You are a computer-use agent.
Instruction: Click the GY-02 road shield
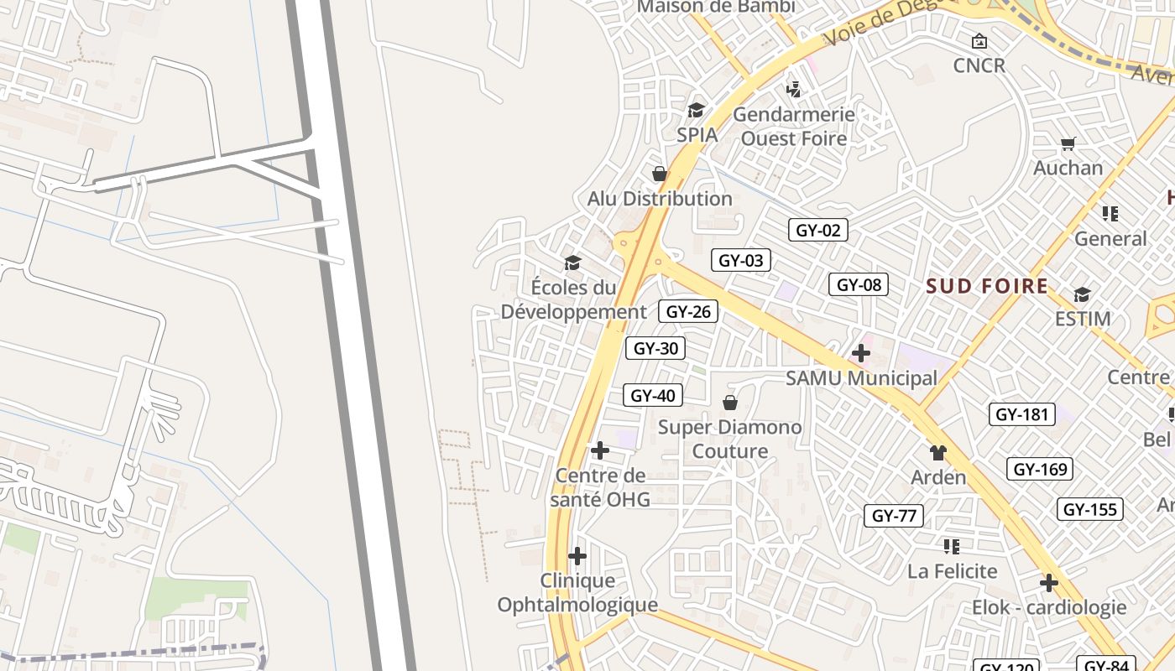817,230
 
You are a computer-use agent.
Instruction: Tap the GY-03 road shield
741,260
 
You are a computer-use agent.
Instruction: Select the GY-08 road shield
859,284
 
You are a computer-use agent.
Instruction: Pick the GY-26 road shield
688,312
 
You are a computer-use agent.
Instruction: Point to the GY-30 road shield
655,348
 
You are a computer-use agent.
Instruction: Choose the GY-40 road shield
652,395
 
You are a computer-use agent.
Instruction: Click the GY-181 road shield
1021,414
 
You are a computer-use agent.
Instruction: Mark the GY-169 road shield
1041,469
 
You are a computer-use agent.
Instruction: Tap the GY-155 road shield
1089,509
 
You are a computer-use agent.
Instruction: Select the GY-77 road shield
894,516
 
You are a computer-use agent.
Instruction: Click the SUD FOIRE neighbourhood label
987,287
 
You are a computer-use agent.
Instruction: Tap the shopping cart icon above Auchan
1068,144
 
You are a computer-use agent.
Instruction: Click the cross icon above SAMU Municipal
861,353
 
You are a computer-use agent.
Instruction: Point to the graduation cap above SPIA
696,110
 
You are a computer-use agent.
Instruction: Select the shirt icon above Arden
938,453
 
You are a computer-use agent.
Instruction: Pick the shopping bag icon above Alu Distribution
660,174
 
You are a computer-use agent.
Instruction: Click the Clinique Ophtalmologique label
577,592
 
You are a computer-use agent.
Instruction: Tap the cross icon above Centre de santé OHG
599,451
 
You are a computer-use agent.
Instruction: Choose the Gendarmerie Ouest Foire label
794,126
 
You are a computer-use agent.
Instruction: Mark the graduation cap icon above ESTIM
1082,294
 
